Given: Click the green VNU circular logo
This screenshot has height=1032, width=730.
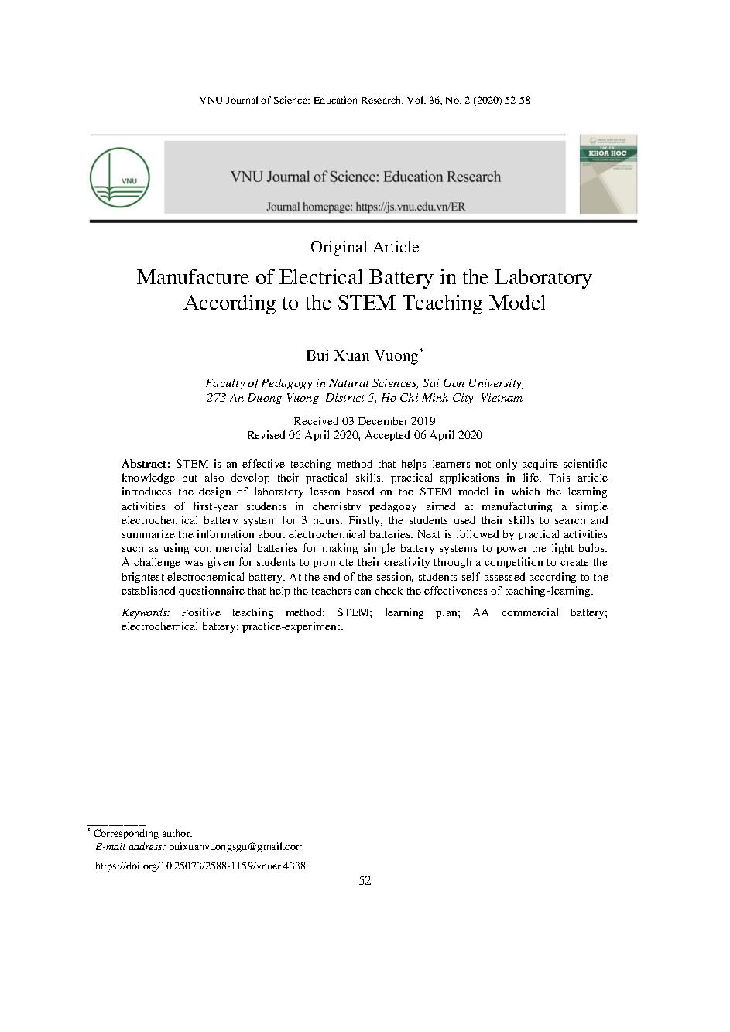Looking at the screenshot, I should coord(119,177).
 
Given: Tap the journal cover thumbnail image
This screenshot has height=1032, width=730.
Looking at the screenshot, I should coord(608,175).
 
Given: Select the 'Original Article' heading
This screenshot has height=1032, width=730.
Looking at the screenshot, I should coord(365,247).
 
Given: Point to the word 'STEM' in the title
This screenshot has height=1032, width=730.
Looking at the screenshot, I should coord(367,303).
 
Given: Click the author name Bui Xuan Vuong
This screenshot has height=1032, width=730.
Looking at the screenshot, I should coord(362,356).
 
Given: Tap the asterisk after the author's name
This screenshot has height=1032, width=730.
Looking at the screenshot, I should coord(421,351).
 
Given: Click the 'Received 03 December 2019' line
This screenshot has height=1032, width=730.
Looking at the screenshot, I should coord(365,421).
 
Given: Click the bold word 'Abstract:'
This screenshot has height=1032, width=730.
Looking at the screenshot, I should coord(146,464).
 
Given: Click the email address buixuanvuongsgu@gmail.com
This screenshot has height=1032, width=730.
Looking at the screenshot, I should coord(236,847).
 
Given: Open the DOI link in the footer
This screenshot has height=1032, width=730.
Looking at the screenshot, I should coord(200,866).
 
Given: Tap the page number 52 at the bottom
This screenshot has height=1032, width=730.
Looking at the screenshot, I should coord(365,881).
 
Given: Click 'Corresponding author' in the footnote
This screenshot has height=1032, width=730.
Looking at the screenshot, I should coord(142,834).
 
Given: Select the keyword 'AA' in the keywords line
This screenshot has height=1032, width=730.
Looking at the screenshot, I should coord(480,612).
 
